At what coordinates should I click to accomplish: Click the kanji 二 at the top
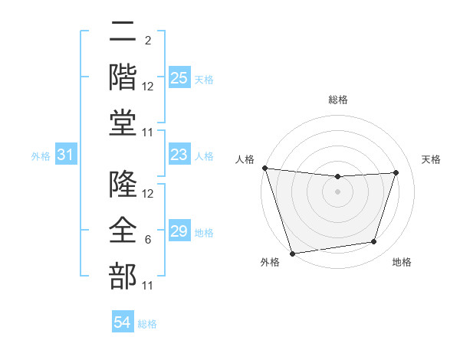click(123, 33)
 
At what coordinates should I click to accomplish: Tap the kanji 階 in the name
click(123, 77)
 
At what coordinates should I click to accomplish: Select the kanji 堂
click(123, 122)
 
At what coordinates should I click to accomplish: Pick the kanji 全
click(123, 231)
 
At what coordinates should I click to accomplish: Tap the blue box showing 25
click(179, 78)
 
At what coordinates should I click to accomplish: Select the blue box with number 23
click(179, 155)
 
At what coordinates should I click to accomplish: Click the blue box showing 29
click(179, 231)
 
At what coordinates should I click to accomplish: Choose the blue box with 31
click(66, 155)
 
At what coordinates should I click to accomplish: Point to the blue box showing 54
click(123, 322)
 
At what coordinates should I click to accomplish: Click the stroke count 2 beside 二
click(148, 41)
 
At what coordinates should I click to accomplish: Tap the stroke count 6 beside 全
click(148, 240)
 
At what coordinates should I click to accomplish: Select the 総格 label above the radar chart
click(337, 100)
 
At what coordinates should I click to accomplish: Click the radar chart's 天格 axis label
click(432, 159)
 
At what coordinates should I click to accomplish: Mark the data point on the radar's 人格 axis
click(264, 168)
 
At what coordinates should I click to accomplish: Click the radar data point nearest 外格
click(292, 253)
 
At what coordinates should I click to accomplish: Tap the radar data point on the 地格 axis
click(374, 242)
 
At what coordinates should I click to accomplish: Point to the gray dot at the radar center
click(337, 191)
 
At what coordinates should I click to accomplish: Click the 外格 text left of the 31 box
click(41, 156)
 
